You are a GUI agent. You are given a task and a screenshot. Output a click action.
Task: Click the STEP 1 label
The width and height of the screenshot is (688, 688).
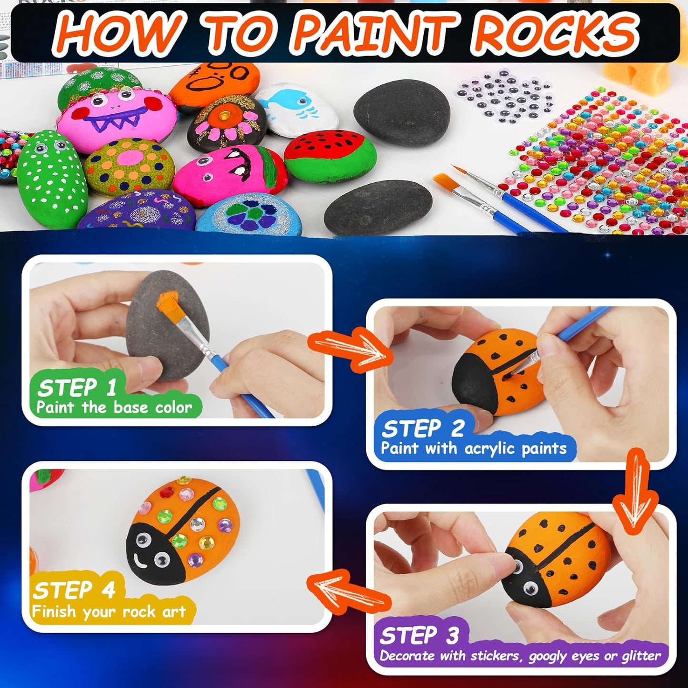pyautogui.click(x=77, y=388)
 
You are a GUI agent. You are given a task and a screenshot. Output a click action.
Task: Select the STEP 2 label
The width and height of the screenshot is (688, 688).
pyautogui.click(x=423, y=429)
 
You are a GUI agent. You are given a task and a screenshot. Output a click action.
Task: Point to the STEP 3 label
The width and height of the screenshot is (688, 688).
pyautogui.click(x=419, y=636)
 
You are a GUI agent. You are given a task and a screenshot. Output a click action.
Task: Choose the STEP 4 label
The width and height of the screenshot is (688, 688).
pyautogui.click(x=74, y=590)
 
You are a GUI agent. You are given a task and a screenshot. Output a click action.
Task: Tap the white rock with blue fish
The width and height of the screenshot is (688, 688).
pyautogui.click(x=297, y=110)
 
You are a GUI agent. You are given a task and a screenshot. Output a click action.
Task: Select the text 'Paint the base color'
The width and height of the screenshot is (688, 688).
pyautogui.click(x=114, y=408)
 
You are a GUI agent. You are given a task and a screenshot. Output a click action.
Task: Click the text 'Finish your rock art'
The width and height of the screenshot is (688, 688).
pyautogui.click(x=109, y=612)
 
